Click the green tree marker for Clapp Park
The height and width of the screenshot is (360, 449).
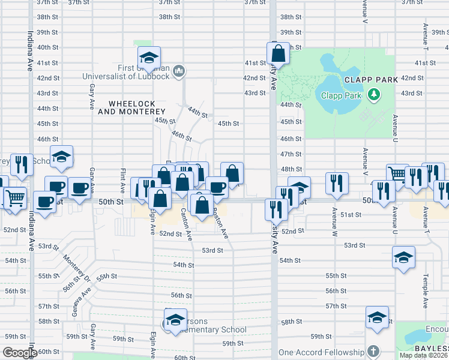(x=375, y=94)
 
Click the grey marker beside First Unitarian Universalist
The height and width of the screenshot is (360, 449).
(x=178, y=73)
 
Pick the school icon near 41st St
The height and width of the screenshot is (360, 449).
(x=148, y=58)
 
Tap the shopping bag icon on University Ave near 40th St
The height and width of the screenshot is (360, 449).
(x=278, y=52)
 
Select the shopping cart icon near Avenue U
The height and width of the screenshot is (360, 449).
(x=397, y=174)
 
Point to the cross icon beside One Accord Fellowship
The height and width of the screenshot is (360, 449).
(x=373, y=352)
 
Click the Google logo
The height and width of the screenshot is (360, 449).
(x=20, y=353)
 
